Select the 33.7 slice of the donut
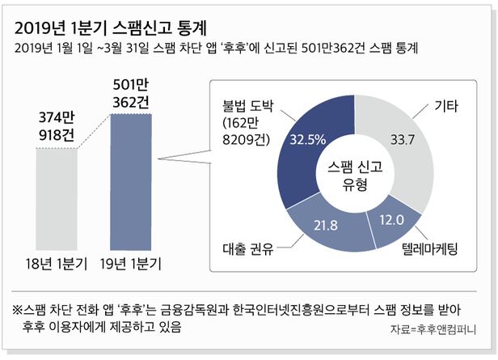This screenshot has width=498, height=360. click(399, 145)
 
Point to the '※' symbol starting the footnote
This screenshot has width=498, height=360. click(17, 309)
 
